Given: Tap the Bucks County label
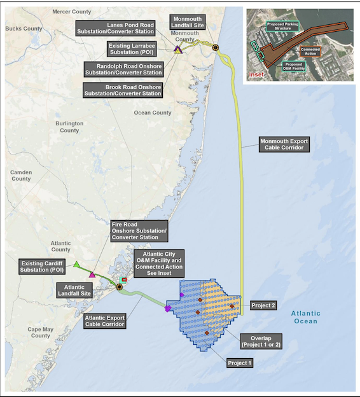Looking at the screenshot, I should (24, 29).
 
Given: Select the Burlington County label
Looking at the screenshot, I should (69, 127).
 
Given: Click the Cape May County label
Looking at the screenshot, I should (40, 331).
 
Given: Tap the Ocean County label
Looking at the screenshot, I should (153, 113).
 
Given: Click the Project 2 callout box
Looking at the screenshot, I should (263, 305).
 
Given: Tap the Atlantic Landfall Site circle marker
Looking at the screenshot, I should (120, 287).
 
